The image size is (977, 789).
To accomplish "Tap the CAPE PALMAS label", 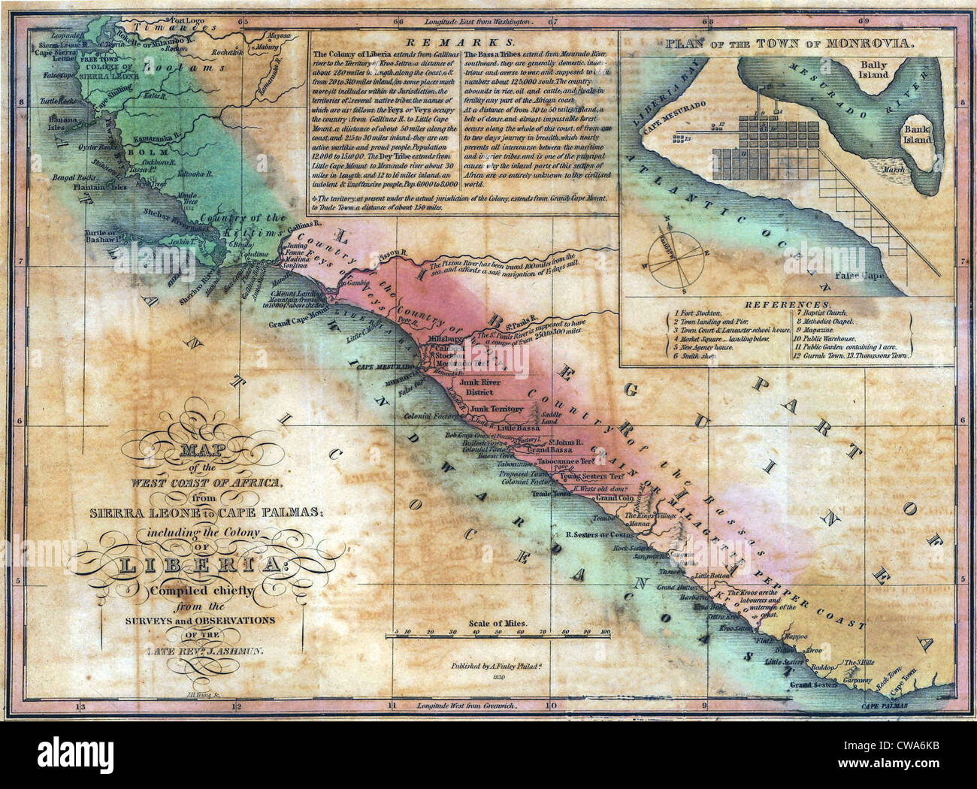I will pos(885,707).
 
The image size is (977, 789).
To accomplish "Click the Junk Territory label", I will pos(496,408).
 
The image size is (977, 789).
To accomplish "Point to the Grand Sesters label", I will pos(812,686).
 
